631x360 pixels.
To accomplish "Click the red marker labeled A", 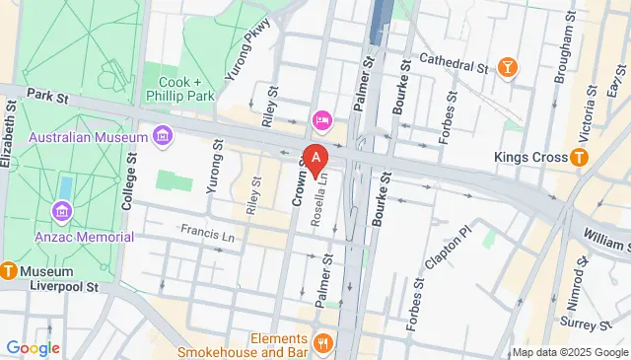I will point(315,158).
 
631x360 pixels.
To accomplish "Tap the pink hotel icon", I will point(321,120).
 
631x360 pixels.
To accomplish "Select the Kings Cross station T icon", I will point(580,158).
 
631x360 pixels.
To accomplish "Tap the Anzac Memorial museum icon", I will point(62,211).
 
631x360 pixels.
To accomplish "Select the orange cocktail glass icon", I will point(508,68).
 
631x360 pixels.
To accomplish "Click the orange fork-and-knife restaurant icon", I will point(322,344).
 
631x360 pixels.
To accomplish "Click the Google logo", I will point(33,348).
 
